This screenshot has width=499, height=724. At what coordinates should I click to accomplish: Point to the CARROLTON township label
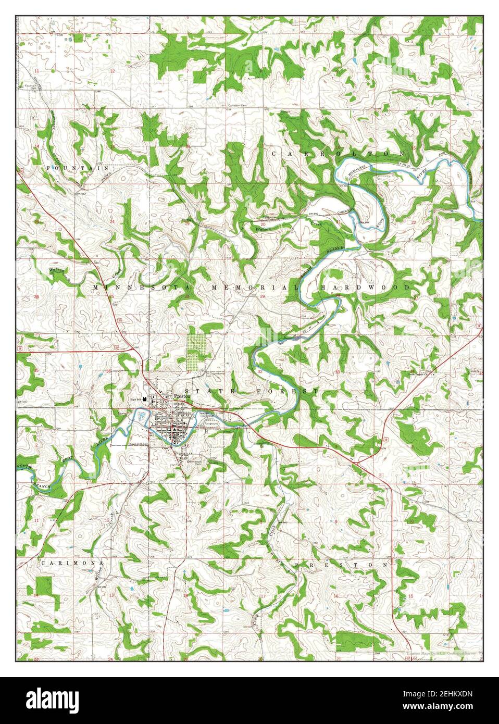click(338, 154)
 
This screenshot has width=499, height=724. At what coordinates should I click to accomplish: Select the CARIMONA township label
click(72, 563)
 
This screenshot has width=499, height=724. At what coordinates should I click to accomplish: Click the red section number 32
click(260, 371)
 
